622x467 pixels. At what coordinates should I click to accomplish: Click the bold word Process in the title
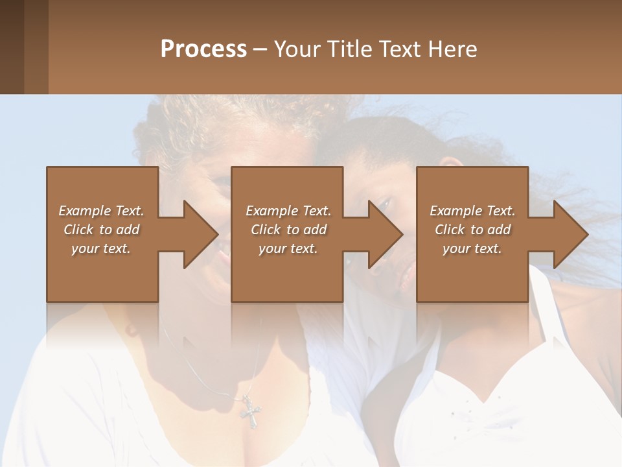point(203,49)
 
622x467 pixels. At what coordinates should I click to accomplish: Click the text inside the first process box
point(101,230)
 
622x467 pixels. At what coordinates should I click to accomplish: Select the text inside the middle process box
point(288,230)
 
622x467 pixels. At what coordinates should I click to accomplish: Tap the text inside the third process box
point(472,230)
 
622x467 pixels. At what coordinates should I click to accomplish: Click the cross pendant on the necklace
point(249,411)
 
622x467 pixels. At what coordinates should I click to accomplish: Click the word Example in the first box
point(84,211)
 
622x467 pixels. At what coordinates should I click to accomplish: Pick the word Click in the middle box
point(266,230)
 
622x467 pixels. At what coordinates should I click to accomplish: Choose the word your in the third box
point(456,248)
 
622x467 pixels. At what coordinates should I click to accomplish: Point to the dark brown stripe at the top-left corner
point(12,47)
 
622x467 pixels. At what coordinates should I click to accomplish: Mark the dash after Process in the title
point(260,49)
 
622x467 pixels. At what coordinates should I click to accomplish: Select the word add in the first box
point(128,230)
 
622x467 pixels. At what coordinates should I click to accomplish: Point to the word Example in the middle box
point(271,211)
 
